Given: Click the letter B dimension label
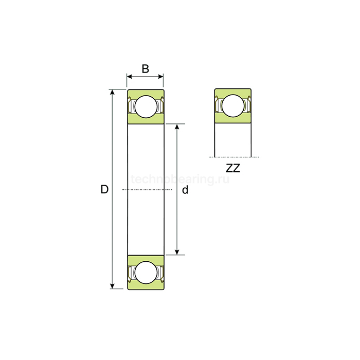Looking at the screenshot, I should pos(146,68).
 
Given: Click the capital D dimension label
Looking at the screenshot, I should pos(104,190).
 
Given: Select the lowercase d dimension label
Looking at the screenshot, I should pos(186,190).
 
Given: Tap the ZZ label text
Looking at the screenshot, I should pos(233,168).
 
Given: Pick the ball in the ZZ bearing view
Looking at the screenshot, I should pos(233,106).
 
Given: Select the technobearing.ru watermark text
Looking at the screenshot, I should pos(180,179).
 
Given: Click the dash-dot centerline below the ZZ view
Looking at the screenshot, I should pos(234,157).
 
